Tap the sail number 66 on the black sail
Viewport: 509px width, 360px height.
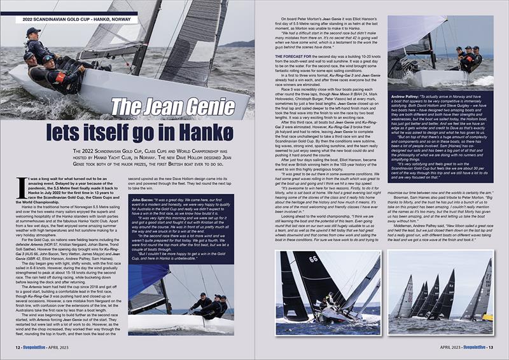pyautogui.click(x=314, y=260)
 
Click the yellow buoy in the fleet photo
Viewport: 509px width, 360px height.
pyautogui.click(x=487, y=317)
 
